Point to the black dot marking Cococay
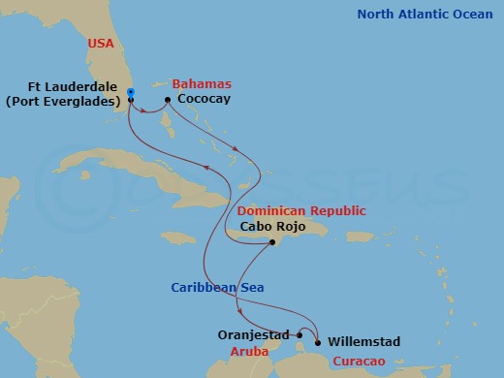(x=168, y=99)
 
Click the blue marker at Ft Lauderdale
(x=130, y=93)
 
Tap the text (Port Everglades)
(x=65, y=100)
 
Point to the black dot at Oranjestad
(x=299, y=336)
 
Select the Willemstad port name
(x=363, y=341)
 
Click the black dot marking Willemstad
(x=318, y=341)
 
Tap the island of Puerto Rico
(x=361, y=236)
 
